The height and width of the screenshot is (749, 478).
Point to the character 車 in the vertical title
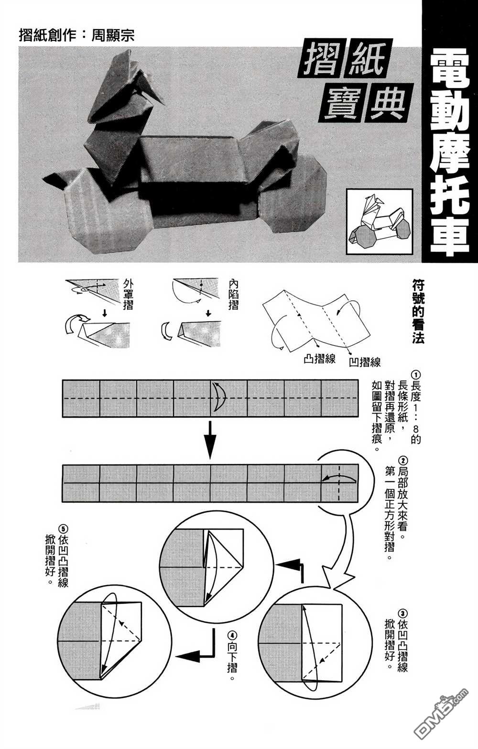450,237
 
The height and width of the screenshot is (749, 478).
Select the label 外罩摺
128,295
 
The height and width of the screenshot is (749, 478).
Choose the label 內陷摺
233,295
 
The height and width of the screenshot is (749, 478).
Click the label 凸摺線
319,359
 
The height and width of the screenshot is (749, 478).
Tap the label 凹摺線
365,362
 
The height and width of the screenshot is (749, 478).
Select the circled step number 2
403,461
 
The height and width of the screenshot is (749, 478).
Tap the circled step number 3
402,613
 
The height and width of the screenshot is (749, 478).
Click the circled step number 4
232,635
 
